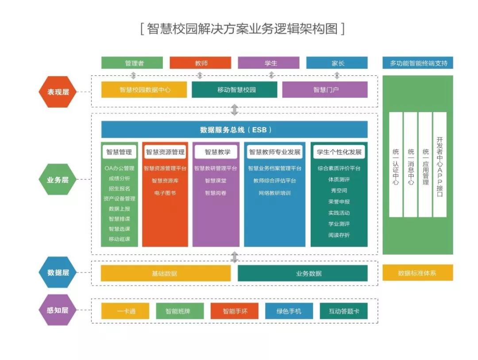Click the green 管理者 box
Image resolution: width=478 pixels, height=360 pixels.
point(132,63)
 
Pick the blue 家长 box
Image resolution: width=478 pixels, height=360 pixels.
point(337,63)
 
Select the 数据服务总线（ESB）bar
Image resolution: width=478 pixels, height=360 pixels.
point(235,130)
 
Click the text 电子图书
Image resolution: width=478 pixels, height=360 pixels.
point(165,193)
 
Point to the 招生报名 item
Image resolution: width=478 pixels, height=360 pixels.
point(119,189)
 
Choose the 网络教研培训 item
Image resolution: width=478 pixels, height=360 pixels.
point(274,193)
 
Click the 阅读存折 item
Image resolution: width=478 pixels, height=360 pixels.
point(339,235)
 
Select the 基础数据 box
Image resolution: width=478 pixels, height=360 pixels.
point(165,273)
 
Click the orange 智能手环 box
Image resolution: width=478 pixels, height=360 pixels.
point(234,311)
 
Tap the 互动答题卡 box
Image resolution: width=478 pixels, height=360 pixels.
point(344,311)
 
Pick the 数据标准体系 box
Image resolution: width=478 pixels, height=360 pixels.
point(418,273)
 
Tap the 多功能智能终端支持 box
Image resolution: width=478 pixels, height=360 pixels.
point(418,63)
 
